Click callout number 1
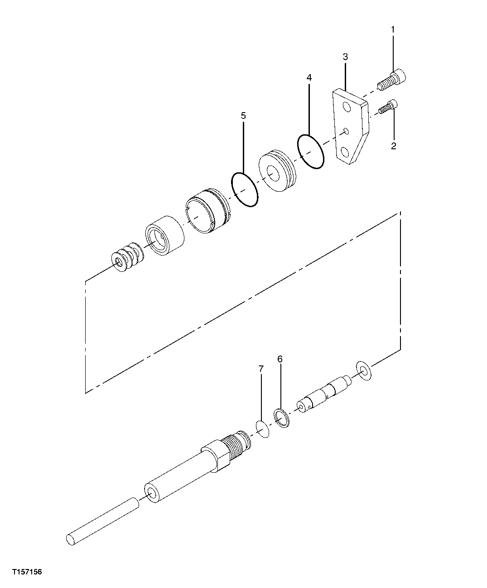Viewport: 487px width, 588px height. (393, 30)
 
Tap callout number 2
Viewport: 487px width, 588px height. (393, 146)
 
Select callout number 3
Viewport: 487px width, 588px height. (345, 57)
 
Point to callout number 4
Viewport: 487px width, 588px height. (309, 77)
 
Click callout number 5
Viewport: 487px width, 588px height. (243, 116)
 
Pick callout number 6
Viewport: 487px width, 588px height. (280, 359)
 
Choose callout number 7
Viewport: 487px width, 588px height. (261, 369)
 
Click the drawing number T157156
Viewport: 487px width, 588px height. (27, 572)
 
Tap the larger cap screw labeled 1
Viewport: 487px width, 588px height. (392, 80)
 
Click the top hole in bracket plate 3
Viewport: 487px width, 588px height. (347, 107)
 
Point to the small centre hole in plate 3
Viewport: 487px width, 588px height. (346, 131)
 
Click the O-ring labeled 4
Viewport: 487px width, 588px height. (311, 152)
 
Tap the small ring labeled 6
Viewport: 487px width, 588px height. (281, 417)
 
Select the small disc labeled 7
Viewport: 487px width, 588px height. (262, 428)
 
